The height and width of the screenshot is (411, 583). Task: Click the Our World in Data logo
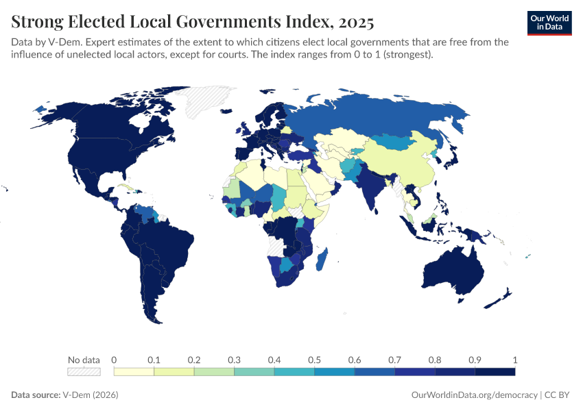pos(549,23)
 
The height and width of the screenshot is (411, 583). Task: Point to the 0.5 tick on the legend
pos(314,360)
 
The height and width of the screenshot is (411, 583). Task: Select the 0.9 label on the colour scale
pos(475,360)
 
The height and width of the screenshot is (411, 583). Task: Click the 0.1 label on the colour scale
pos(154,360)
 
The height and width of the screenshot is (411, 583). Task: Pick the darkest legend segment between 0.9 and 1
pos(495,371)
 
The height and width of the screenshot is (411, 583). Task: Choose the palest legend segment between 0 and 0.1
pos(134,371)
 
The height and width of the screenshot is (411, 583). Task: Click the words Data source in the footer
pos(35,395)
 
